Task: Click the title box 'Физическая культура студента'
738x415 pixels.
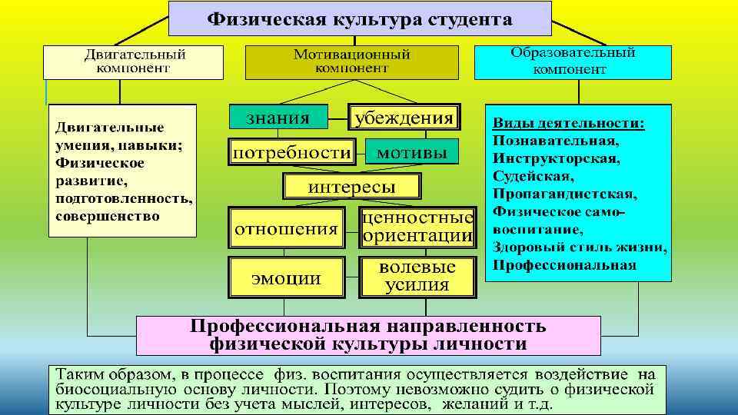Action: point(360,18)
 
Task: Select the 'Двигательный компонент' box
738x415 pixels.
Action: point(134,61)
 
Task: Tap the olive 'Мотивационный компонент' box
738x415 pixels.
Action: point(351,61)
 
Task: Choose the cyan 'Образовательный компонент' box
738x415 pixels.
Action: point(573,61)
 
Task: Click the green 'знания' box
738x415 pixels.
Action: point(278,118)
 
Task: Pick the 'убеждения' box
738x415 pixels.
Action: point(404,118)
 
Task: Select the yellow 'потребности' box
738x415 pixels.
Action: point(292,152)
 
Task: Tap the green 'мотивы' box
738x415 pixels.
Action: point(411,152)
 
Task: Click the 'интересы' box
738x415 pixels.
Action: point(352,187)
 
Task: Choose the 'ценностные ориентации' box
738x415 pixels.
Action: point(417,227)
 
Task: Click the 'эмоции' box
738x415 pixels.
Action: point(286,277)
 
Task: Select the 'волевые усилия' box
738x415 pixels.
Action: point(417,277)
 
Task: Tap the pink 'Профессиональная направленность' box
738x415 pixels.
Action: point(368,334)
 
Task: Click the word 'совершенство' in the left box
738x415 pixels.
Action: point(107,216)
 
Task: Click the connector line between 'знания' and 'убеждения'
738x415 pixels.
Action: point(337,118)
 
